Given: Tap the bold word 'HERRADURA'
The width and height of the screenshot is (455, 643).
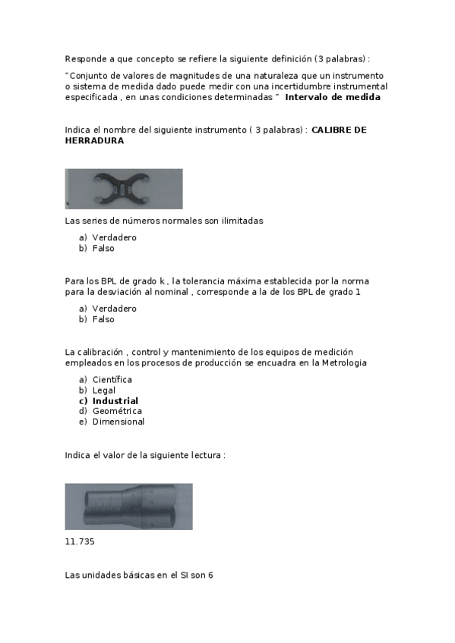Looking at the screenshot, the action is tap(94, 141).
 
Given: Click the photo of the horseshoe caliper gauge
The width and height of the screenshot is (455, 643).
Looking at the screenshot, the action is tap(124, 189).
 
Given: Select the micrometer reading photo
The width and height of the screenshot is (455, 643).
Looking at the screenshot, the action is tap(128, 507).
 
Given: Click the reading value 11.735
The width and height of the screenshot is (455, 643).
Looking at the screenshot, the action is tap(80, 542).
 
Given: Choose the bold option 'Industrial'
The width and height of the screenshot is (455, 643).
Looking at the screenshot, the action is tap(115, 400).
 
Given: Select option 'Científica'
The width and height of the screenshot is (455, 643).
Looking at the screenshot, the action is tap(112, 379).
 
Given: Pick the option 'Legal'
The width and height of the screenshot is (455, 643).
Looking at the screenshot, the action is tap(104, 390).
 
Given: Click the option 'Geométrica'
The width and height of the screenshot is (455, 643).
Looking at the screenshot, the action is tap(117, 411).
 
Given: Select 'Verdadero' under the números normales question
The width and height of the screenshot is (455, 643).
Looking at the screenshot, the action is tap(114, 237).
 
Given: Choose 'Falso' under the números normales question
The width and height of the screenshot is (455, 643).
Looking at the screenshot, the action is tap(103, 248).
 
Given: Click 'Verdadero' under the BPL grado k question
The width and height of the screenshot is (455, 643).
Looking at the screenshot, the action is tap(114, 309).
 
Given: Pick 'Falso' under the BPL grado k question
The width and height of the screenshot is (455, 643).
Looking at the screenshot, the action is tap(103, 319).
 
